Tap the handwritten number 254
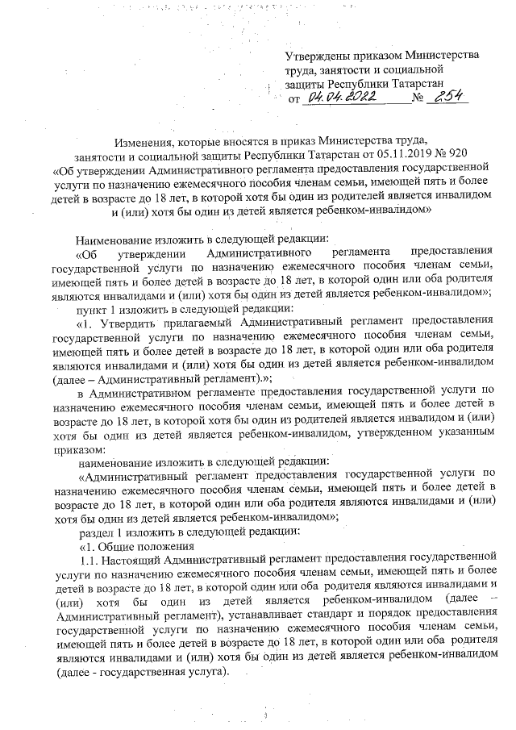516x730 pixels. coord(446,96)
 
